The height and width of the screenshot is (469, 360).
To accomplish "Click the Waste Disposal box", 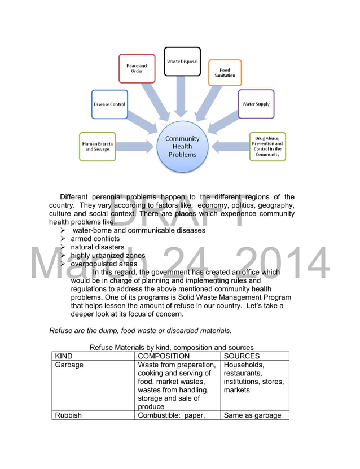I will [x=182, y=62].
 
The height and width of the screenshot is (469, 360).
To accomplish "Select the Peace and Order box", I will [x=137, y=68].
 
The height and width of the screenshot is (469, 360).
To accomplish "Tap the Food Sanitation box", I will [x=225, y=73].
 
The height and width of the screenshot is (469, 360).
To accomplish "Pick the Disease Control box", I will [x=109, y=104].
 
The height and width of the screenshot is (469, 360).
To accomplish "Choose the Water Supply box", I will [x=256, y=104].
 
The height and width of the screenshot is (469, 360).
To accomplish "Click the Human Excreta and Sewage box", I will [x=97, y=146].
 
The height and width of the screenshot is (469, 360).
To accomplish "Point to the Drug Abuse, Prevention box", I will [x=267, y=146].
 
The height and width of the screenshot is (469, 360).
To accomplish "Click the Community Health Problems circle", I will [x=182, y=146].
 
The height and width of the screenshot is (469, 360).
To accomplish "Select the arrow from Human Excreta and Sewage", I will [x=135, y=147].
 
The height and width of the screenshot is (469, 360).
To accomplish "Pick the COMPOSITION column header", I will [x=164, y=356].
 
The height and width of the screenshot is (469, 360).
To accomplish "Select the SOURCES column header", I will [x=242, y=356].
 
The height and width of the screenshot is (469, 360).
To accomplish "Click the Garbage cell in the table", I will [x=69, y=365].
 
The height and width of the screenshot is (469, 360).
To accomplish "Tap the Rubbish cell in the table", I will [x=68, y=415].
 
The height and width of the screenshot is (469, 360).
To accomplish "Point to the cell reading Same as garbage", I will [x=252, y=415].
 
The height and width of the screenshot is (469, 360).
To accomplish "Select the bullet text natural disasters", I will [x=97, y=247].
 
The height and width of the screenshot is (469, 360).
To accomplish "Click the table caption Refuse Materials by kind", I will [x=172, y=347].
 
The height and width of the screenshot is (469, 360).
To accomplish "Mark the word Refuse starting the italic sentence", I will [x=60, y=330].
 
